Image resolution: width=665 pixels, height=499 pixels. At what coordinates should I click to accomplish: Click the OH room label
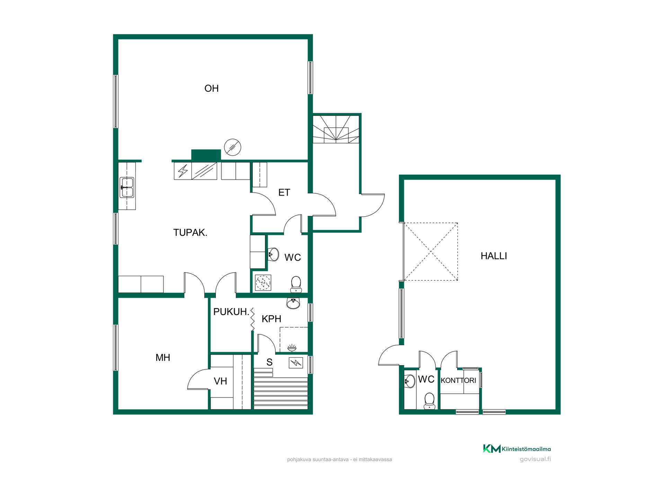pyautogui.click(x=211, y=88)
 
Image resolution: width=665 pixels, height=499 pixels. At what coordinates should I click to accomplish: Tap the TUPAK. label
pyautogui.click(x=190, y=233)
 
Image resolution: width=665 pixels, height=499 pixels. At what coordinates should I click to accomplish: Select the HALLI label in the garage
pyautogui.click(x=494, y=256)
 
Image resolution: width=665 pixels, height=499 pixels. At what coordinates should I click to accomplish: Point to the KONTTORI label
pyautogui.click(x=458, y=380)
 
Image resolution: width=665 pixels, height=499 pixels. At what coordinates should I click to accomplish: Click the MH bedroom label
pyautogui.click(x=163, y=358)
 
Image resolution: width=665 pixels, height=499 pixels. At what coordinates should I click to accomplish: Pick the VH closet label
pyautogui.click(x=220, y=382)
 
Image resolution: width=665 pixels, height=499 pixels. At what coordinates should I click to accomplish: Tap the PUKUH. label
pyautogui.click(x=231, y=312)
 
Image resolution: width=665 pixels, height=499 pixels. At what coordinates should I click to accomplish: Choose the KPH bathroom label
pyautogui.click(x=271, y=319)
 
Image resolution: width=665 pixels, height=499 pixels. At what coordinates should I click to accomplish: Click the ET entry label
pyautogui.click(x=284, y=193)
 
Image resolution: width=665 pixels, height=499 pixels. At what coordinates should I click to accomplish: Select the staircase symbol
pyautogui.click(x=336, y=129)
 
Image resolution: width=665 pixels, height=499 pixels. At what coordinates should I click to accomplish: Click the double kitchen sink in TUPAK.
pyautogui.click(x=127, y=187)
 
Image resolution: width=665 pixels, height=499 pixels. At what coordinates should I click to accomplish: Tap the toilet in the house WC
pyautogui.click(x=296, y=284)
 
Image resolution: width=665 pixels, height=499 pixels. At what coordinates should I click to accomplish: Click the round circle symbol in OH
pyautogui.click(x=232, y=147)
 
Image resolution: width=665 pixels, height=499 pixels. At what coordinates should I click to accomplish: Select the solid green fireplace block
pyautogui.click(x=206, y=155)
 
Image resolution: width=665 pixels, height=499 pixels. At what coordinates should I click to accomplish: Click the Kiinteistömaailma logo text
pyautogui.click(x=526, y=449)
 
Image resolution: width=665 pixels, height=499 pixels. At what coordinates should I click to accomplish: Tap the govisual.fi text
pyautogui.click(x=535, y=459)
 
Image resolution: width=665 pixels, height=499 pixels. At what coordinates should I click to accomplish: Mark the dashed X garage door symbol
pyautogui.click(x=431, y=252)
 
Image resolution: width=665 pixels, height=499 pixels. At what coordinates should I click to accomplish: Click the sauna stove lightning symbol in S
pyautogui.click(x=296, y=363)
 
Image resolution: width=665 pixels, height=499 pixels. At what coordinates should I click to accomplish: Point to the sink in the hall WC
pyautogui.click(x=409, y=381)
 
